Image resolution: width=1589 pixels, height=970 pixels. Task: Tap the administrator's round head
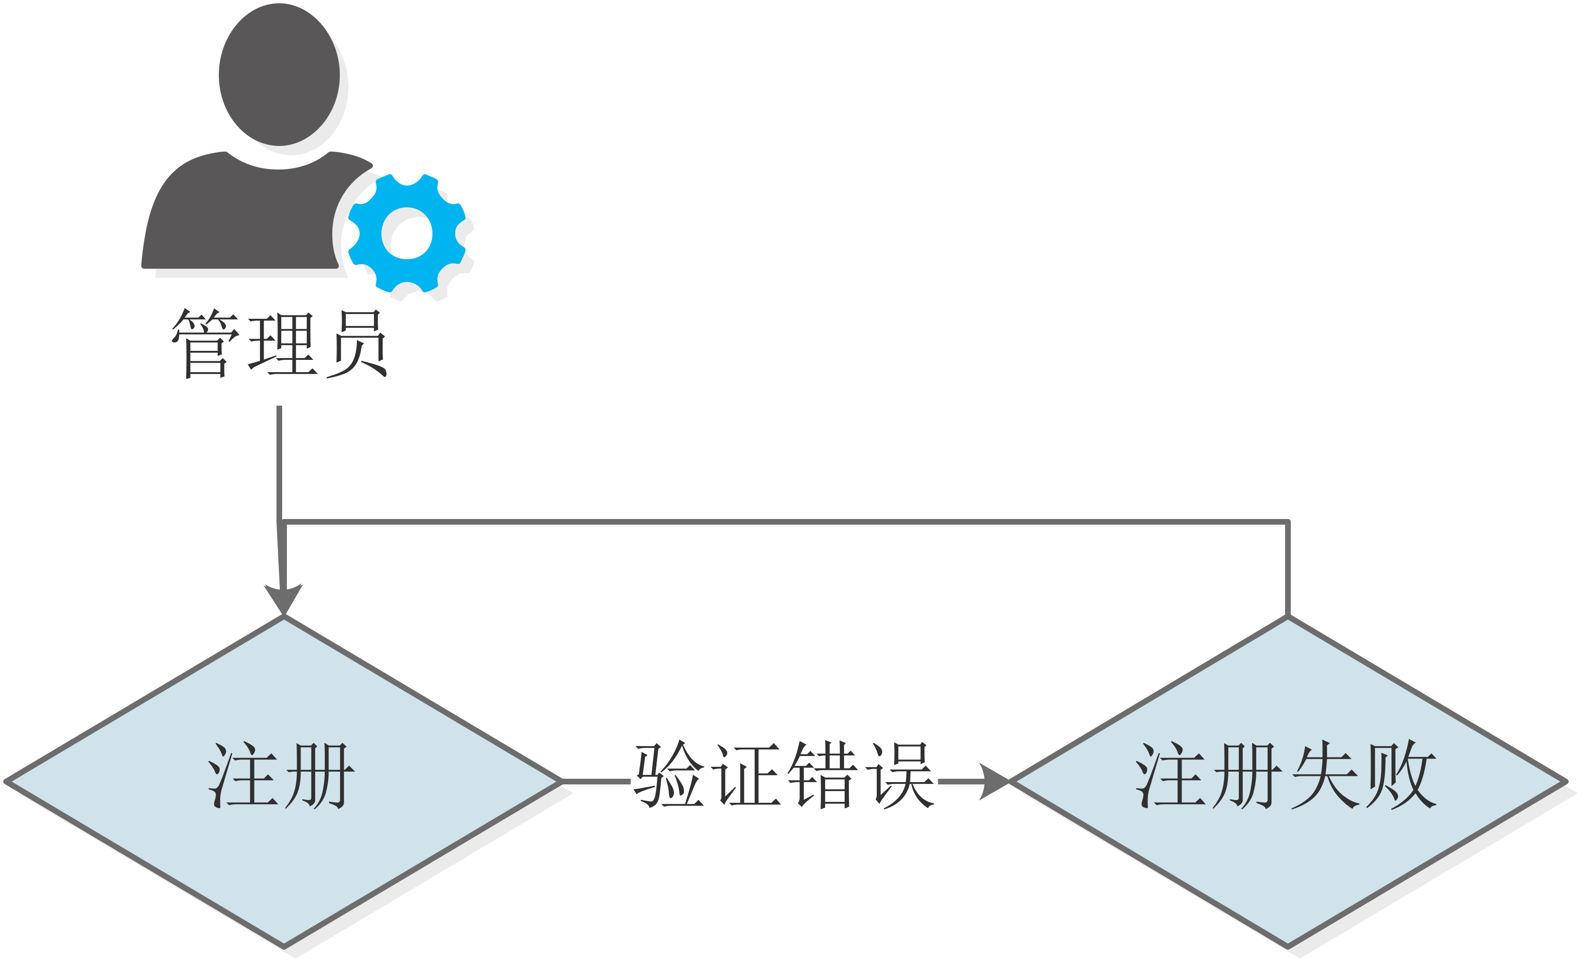pyautogui.click(x=279, y=75)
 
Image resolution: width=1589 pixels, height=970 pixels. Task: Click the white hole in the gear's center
pyautogui.click(x=407, y=233)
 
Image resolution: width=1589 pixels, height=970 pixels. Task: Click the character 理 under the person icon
pyautogui.click(x=283, y=343)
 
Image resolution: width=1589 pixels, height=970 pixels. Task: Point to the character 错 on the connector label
pyautogui.click(x=822, y=774)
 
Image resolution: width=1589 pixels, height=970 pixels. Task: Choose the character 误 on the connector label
pyautogui.click(x=899, y=774)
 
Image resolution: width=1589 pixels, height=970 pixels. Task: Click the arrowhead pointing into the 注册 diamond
pyautogui.click(x=283, y=598)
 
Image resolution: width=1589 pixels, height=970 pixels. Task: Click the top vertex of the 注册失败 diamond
pyautogui.click(x=1288, y=617)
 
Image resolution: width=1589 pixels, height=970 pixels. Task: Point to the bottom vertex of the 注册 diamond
pyautogui.click(x=284, y=946)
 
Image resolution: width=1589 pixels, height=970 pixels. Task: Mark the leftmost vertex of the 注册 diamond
pyautogui.click(x=7, y=781)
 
